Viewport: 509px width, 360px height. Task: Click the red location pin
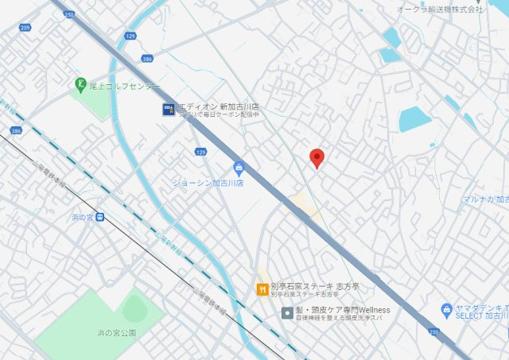click(x=317, y=158)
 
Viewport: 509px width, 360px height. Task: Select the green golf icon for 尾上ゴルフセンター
click(x=80, y=84)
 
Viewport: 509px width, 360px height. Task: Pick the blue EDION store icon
click(x=168, y=109)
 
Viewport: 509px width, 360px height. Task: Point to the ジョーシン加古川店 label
click(x=208, y=182)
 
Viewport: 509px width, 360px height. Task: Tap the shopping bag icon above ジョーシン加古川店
click(x=238, y=168)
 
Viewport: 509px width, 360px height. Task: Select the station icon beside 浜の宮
click(x=99, y=217)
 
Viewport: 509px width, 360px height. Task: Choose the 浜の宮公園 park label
click(x=112, y=332)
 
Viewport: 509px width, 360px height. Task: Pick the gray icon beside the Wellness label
click(x=287, y=312)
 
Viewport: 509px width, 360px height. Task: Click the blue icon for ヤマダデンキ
click(x=447, y=309)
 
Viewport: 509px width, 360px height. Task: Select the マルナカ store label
click(x=486, y=199)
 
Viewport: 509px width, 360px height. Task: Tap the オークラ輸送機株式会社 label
click(x=440, y=9)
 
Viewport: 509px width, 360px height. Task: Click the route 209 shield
click(x=25, y=27)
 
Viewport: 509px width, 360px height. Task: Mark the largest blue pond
click(x=414, y=119)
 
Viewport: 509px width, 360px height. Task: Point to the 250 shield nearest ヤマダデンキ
click(x=433, y=331)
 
